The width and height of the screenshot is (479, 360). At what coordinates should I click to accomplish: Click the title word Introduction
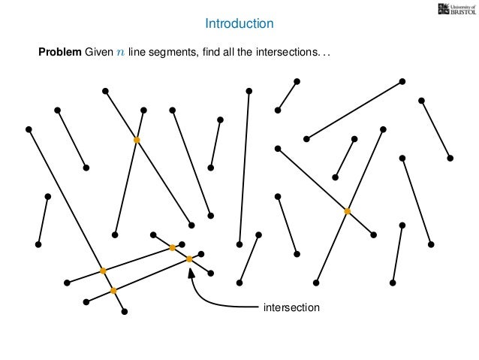pyautogui.click(x=239, y=25)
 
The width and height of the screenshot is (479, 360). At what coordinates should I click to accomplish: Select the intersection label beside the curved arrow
pyautogui.click(x=291, y=307)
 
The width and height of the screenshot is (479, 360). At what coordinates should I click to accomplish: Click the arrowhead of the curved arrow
pyautogui.click(x=191, y=271)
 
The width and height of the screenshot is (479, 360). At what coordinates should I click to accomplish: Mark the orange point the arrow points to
pyautogui.click(x=189, y=259)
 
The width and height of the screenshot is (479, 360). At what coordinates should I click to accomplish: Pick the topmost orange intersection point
pyautogui.click(x=137, y=140)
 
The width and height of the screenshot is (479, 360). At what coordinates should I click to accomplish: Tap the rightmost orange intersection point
pyautogui.click(x=347, y=212)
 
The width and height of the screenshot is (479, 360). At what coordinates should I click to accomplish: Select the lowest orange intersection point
pyautogui.click(x=113, y=290)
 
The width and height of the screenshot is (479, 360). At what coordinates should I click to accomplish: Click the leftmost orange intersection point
pyautogui.click(x=103, y=271)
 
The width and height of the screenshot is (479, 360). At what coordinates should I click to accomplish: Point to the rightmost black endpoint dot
pyautogui.click(x=450, y=158)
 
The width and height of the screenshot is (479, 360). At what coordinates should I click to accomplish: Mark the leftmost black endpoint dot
pyautogui.click(x=29, y=129)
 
